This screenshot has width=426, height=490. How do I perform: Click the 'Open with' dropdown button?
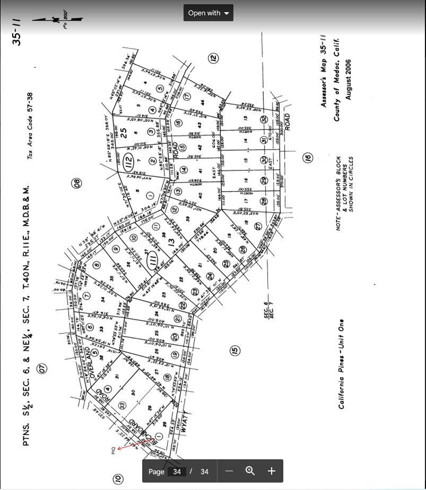(x=208, y=13)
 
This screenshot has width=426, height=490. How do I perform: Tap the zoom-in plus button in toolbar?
(x=271, y=471)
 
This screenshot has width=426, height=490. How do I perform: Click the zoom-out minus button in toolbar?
(x=229, y=471)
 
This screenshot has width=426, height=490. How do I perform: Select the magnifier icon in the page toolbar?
(x=250, y=471)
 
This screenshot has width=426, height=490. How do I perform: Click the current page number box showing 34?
(x=177, y=471)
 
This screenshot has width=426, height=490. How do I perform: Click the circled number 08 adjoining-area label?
(x=77, y=183)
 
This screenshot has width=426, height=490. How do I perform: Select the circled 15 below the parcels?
(x=234, y=350)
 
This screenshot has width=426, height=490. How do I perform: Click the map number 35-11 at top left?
(x=18, y=32)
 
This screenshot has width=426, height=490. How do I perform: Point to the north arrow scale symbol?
(x=57, y=20)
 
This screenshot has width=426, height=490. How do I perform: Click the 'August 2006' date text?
(x=349, y=79)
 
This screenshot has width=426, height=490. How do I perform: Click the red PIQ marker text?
(x=113, y=450)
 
